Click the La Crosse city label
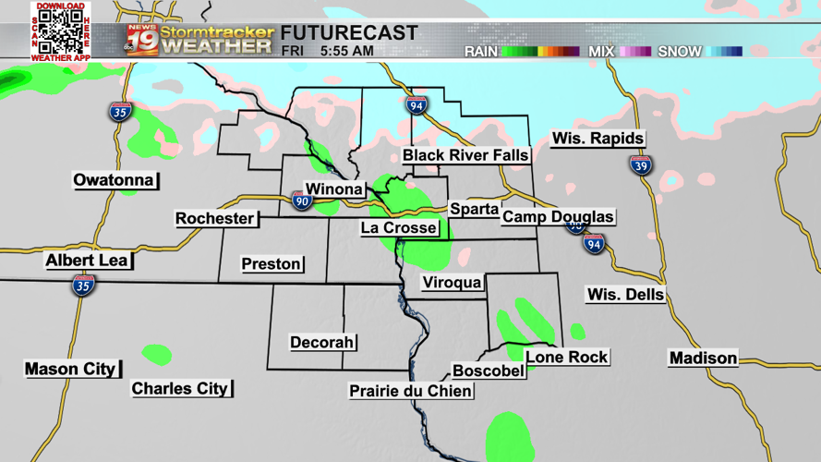(x=399, y=227)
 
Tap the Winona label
(x=333, y=189)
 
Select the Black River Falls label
(x=465, y=155)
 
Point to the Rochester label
(x=215, y=218)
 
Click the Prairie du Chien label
(x=411, y=391)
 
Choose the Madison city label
(x=704, y=358)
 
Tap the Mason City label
(x=70, y=369)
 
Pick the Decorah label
(x=322, y=342)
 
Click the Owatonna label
(x=114, y=179)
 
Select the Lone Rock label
(x=566, y=357)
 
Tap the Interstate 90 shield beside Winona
(x=302, y=199)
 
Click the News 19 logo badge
(x=140, y=40)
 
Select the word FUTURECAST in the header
(x=349, y=33)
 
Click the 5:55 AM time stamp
(x=347, y=51)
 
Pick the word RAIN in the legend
(x=481, y=52)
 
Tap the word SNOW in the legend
(x=680, y=52)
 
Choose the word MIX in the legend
(x=601, y=52)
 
